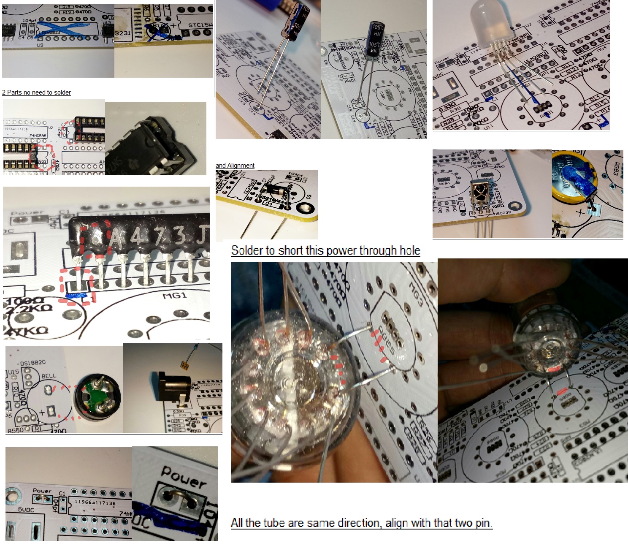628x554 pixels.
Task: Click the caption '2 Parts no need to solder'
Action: [36, 92]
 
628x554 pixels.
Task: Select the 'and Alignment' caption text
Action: [235, 166]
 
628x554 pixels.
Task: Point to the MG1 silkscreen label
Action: [175, 296]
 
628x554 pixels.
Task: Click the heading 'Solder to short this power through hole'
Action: [325, 250]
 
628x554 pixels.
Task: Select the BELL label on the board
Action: [49, 376]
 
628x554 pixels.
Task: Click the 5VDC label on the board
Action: [25, 510]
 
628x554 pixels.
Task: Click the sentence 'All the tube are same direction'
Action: [361, 523]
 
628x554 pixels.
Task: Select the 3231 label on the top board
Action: [122, 33]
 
